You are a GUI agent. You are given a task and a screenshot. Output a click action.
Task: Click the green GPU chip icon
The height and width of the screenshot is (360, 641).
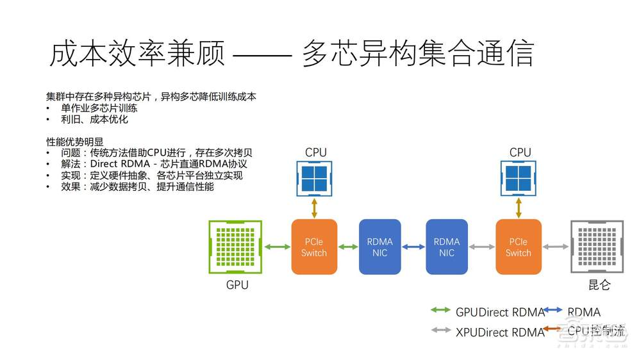click(x=237, y=247)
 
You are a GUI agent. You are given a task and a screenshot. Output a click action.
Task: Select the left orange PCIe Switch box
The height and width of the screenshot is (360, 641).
click(x=314, y=247)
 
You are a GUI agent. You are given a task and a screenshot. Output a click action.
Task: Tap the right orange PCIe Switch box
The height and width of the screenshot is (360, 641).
click(x=519, y=247)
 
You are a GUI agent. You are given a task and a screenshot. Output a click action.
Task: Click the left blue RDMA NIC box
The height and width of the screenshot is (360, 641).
click(x=379, y=247)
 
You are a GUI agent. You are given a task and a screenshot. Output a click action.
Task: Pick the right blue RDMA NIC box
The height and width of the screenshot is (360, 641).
click(x=447, y=247)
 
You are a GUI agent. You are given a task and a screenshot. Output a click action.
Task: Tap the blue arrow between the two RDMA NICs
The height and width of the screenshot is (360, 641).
click(x=413, y=247)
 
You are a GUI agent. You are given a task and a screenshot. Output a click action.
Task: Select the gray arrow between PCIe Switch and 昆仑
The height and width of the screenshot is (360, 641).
click(x=556, y=247)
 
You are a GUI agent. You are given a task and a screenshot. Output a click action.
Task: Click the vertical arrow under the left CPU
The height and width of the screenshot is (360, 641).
click(x=314, y=208)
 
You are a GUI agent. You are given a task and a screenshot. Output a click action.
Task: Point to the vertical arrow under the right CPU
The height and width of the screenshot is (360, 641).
click(x=519, y=208)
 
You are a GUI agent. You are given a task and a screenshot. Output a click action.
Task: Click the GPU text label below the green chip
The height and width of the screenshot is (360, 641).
click(x=237, y=285)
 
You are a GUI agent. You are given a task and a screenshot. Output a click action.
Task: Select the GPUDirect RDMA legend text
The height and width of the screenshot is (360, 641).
click(x=500, y=313)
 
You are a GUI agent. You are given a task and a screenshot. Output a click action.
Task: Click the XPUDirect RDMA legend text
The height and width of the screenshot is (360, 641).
click(x=500, y=332)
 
